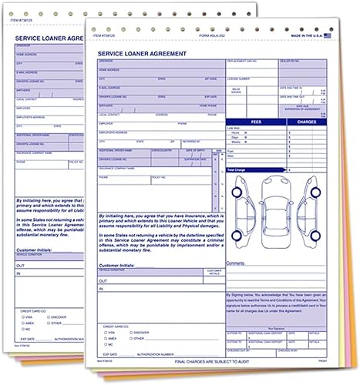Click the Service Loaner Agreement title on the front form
click(x=146, y=52)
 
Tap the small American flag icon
click(x=328, y=35)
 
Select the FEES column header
click(x=256, y=121)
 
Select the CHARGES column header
click(x=306, y=121)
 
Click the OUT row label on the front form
click(x=102, y=282)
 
